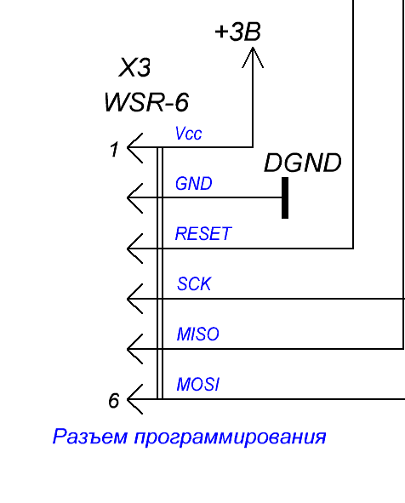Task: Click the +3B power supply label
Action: [x=237, y=31]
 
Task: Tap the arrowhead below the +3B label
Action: [x=253, y=57]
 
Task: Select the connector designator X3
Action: [x=134, y=67]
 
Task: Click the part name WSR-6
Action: [x=146, y=102]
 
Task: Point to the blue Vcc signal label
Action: [x=189, y=133]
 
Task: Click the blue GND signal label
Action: [x=194, y=184]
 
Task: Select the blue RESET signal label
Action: [x=203, y=233]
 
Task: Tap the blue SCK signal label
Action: [x=194, y=284]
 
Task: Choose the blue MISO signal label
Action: [x=198, y=334]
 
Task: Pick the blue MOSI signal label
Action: [x=198, y=384]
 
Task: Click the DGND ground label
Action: [x=303, y=163]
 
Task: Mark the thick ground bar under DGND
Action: [x=285, y=197]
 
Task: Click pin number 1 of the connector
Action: [x=114, y=150]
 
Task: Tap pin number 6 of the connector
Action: [x=114, y=400]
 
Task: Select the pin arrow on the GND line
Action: [x=134, y=198]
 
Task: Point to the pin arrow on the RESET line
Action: [x=134, y=249]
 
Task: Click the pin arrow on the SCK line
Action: [x=134, y=299]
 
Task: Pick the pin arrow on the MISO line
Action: [x=134, y=349]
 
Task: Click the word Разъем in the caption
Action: [x=90, y=437]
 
